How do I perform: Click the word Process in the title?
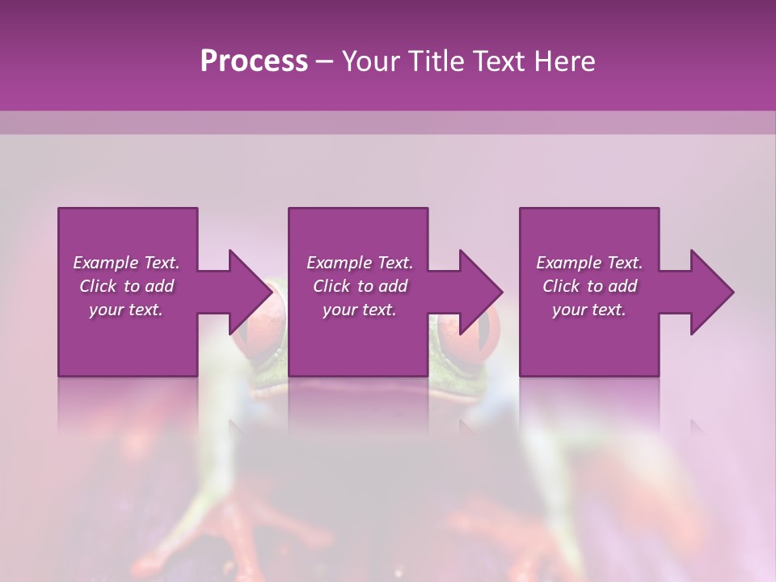pyautogui.click(x=254, y=61)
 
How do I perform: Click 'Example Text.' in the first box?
pyautogui.click(x=126, y=263)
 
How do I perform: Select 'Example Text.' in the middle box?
pyautogui.click(x=359, y=263)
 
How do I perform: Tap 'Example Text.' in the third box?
pyautogui.click(x=589, y=263)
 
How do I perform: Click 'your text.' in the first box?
pyautogui.click(x=126, y=310)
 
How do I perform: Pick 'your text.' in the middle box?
pyautogui.click(x=359, y=310)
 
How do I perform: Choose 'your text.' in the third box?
pyautogui.click(x=589, y=310)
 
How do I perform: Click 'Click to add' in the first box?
pyautogui.click(x=126, y=286)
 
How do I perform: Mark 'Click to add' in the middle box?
pyautogui.click(x=359, y=286)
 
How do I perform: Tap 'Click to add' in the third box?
pyautogui.click(x=589, y=286)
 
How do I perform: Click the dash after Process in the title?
pyautogui.click(x=325, y=62)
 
